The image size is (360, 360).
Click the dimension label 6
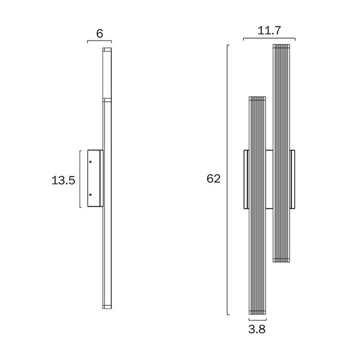coord(100,34)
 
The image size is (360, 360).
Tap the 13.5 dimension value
coord(63,180)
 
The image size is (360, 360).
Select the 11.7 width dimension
coord(269,30)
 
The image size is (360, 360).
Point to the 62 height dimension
coord(213,178)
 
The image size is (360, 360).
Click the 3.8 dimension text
coord(257,329)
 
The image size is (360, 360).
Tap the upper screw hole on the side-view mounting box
coord(91,162)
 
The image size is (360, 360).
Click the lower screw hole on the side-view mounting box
coord(91,195)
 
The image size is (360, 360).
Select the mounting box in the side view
coord(95,178)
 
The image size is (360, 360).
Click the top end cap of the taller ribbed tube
coord(281,46)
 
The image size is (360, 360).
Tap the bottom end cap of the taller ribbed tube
coord(281,260)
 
